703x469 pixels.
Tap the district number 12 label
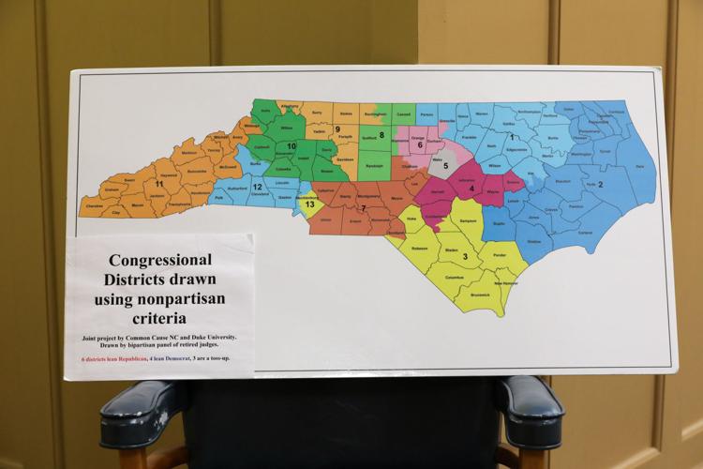257,188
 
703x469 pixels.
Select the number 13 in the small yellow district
310,204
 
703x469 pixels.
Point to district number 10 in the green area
292,147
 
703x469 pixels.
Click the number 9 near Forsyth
337,129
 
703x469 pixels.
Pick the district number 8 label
381,135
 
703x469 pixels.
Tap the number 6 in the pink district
420,145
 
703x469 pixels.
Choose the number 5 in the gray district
445,166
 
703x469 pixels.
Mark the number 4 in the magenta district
471,189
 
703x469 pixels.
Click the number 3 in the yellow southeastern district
464,255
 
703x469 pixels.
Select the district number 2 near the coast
600,184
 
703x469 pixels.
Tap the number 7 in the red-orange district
364,206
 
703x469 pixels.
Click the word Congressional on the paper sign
158,259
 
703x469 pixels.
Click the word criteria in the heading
159,319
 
